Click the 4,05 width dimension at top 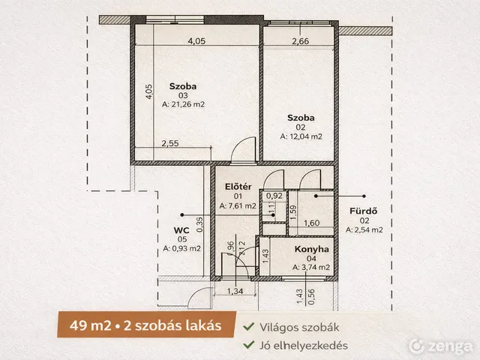pos(196,40)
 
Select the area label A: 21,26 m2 pos(183,105)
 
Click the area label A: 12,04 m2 pos(301,136)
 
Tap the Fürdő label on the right pos(359,211)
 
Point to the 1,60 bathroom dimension pos(312,223)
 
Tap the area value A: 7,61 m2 pos(238,205)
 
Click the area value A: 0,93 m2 pos(181,248)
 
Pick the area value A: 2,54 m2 pos(364,230)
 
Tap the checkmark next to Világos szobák pos(248,326)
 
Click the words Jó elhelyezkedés pos(300,345)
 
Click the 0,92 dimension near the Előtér pos(274,196)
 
